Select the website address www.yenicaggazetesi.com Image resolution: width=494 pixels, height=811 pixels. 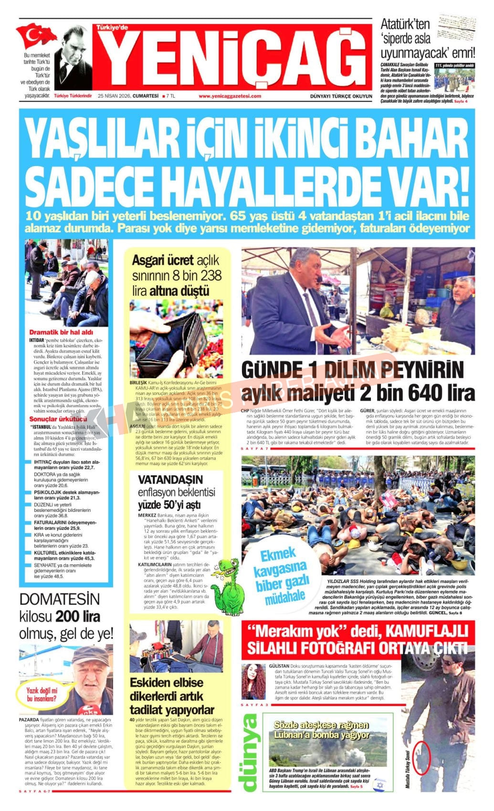tap(230, 96)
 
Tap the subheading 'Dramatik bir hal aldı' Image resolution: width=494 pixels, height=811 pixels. tap(61, 332)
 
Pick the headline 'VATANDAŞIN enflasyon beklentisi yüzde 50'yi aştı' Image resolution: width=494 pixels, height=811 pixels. tap(177, 491)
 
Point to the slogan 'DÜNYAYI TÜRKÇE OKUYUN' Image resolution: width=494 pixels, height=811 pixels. tap(341, 96)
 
